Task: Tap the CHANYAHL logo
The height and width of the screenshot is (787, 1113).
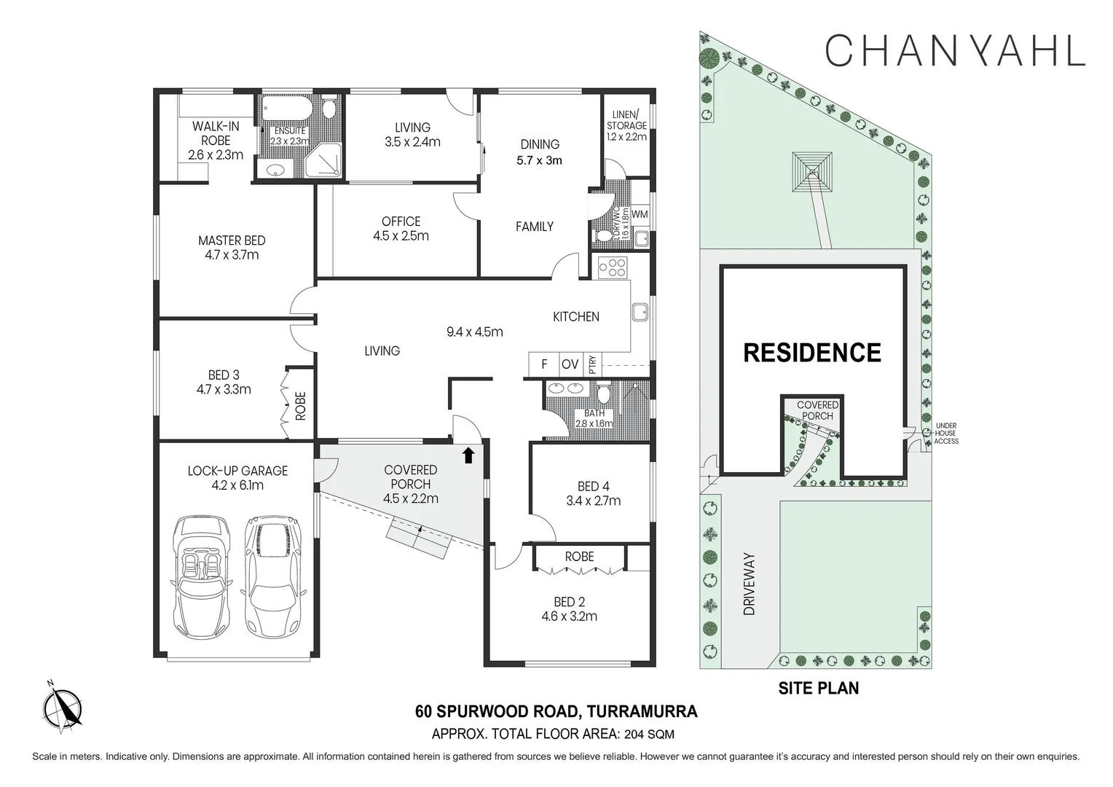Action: pos(955,50)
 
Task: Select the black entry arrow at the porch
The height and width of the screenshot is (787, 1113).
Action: pos(468,455)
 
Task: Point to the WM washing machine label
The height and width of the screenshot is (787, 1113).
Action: pos(640,214)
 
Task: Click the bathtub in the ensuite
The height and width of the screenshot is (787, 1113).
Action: pos(289,110)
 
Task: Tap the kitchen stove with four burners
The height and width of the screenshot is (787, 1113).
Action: pos(613,267)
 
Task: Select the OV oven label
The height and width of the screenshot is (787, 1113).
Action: pos(570,364)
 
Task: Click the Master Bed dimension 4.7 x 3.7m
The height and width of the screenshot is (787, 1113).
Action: pos(232,255)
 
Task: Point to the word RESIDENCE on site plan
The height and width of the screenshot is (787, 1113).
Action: pos(811,353)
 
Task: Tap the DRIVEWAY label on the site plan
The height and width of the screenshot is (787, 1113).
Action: pos(750,584)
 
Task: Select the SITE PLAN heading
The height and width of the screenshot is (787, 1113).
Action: pos(818,687)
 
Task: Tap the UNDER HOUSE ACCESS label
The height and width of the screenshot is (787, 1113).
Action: pos(946,434)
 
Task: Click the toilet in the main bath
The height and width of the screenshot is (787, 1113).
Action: pos(603,394)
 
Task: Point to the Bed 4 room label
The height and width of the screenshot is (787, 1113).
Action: pos(593,486)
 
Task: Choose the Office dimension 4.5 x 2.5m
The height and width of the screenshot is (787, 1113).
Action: pos(401,236)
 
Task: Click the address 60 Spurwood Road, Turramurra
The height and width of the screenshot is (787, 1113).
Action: pos(556,711)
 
